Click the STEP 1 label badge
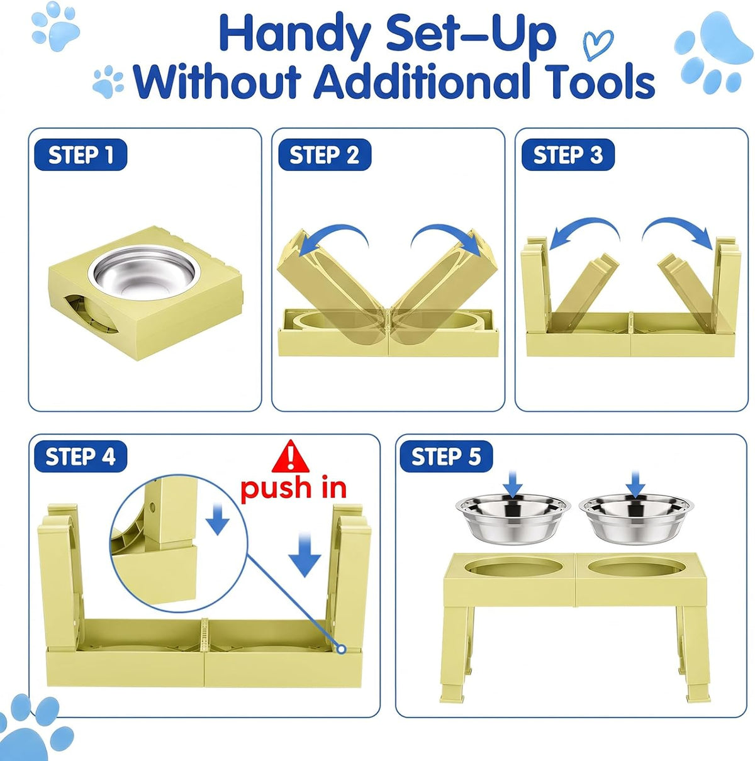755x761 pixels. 80,155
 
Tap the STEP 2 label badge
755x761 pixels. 325,155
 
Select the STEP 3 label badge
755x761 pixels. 568,155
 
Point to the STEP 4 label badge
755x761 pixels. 80,457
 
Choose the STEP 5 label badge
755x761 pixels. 446,457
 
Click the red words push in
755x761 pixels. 293,489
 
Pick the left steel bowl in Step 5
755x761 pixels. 512,518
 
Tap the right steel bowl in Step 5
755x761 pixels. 635,518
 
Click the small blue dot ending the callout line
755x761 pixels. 342,649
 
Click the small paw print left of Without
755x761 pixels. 108,81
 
